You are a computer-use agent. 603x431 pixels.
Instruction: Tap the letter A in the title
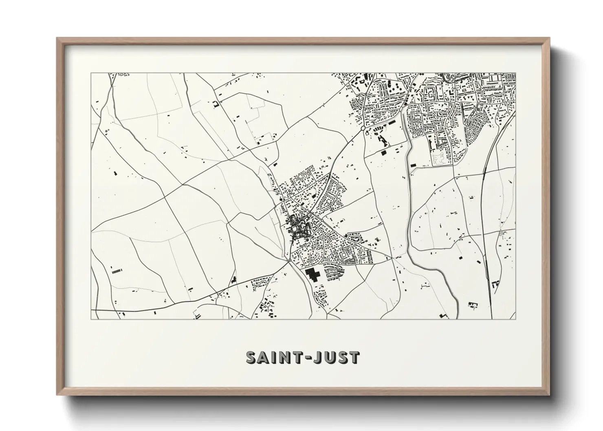[265, 357]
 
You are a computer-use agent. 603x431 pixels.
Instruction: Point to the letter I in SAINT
[276, 357]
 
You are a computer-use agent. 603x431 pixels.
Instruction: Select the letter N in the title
[287, 357]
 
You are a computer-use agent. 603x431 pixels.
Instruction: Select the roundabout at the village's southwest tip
[289, 259]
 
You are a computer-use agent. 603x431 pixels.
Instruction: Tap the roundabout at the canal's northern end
[405, 104]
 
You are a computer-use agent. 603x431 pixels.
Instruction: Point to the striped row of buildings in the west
[117, 270]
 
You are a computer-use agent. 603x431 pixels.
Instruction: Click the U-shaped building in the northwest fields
[216, 104]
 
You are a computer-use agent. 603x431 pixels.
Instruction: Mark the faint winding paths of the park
[439, 159]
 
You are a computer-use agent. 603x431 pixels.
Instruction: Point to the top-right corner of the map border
[516, 73]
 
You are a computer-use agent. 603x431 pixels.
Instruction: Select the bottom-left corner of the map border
[91, 319]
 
